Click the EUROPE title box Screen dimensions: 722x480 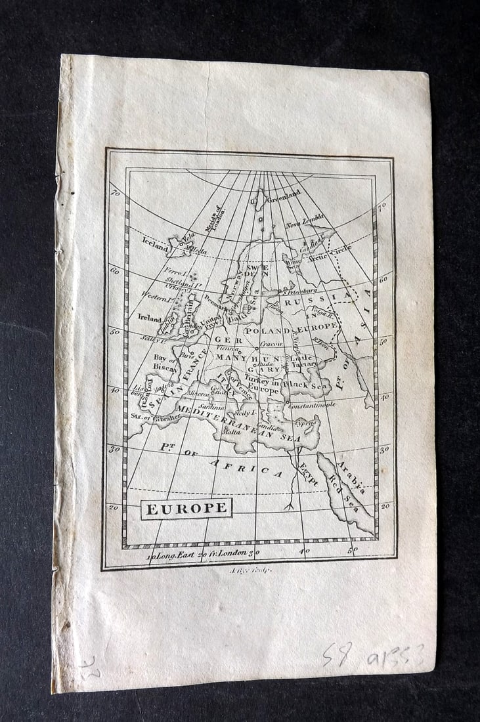(x=186, y=509)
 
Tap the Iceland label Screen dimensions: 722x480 (x=155, y=240)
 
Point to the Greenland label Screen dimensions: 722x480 (x=284, y=194)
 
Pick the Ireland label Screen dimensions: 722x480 (x=149, y=317)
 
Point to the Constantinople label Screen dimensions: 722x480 (x=311, y=404)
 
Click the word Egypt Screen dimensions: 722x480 (x=308, y=473)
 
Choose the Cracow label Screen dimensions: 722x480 (x=271, y=343)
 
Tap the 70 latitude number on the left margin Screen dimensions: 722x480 (x=115, y=194)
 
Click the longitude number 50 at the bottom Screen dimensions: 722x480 (x=353, y=550)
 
